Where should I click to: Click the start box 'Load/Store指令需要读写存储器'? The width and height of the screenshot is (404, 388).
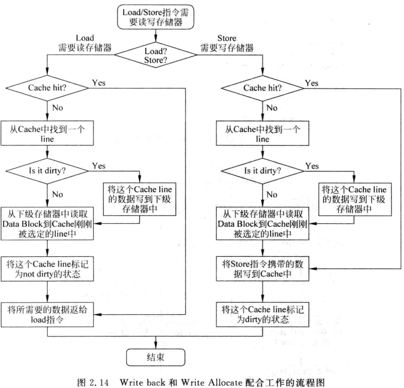155,17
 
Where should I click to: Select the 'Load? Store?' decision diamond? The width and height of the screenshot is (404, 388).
155,54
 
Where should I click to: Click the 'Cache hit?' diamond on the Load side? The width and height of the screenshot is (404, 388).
47,88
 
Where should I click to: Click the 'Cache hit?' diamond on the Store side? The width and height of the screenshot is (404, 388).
262,88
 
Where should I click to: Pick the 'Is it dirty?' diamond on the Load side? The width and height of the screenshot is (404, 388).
47,171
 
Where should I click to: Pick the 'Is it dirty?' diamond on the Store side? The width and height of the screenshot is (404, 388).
262,171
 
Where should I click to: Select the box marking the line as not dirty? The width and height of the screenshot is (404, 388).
47,270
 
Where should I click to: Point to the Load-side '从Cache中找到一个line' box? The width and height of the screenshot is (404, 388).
47,133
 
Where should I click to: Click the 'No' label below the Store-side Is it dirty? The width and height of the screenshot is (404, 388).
271,195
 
